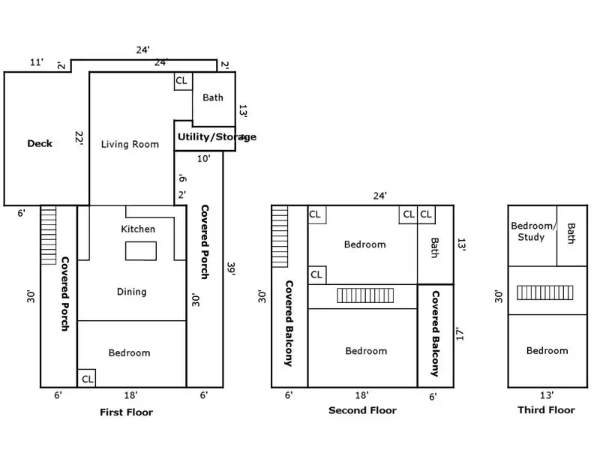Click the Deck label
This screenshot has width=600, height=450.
pyautogui.click(x=40, y=143)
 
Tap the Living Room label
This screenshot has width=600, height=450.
pyautogui.click(x=130, y=144)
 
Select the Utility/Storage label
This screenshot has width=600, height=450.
pyautogui.click(x=216, y=137)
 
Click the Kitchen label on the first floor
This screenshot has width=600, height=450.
pyautogui.click(x=138, y=229)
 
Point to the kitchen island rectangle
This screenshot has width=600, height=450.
pyautogui.click(x=139, y=250)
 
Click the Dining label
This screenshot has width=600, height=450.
pyautogui.click(x=131, y=292)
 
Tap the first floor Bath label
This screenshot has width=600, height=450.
pyautogui.click(x=213, y=97)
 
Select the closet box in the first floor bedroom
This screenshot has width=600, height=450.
pyautogui.click(x=86, y=379)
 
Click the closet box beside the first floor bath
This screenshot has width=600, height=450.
pyautogui.click(x=182, y=81)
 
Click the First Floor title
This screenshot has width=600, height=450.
pyautogui.click(x=126, y=412)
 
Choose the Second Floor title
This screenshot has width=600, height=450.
pyautogui.click(x=362, y=410)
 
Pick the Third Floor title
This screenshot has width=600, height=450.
pyautogui.click(x=546, y=409)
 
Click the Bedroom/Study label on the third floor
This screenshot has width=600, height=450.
pyautogui.click(x=533, y=232)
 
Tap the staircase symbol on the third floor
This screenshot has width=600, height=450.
pyautogui.click(x=545, y=292)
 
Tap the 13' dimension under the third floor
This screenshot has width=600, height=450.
pyautogui.click(x=546, y=394)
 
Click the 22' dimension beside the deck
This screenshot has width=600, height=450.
pyautogui.click(x=79, y=138)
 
